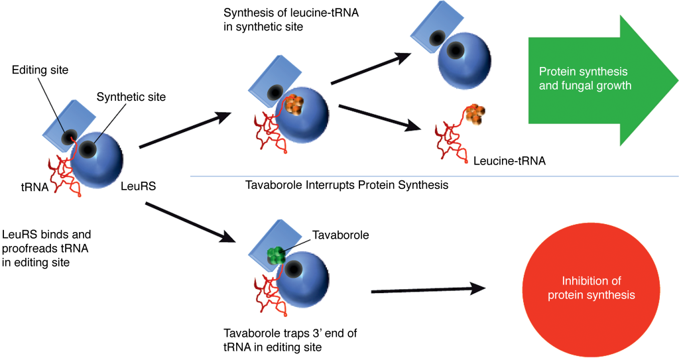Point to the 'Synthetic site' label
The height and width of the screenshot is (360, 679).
[131, 97]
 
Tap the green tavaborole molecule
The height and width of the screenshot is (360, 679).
[277, 255]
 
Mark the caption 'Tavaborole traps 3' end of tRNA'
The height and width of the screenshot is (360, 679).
[292, 339]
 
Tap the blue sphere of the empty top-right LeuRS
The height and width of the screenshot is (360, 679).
[463, 56]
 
